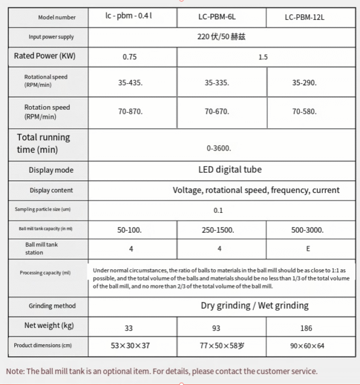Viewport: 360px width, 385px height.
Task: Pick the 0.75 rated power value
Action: [130, 58]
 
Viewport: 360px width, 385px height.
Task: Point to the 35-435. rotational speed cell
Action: [131, 83]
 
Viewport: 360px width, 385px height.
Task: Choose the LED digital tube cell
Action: [230, 170]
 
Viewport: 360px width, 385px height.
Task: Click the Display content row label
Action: [51, 190]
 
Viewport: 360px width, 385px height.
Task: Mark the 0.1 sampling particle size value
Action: [218, 210]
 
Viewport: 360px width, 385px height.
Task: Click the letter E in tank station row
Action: [307, 248]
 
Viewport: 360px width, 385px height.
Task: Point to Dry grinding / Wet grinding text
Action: [254, 305]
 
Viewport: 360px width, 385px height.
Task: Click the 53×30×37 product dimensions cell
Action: [131, 347]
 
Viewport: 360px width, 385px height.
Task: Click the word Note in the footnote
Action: [17, 371]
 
